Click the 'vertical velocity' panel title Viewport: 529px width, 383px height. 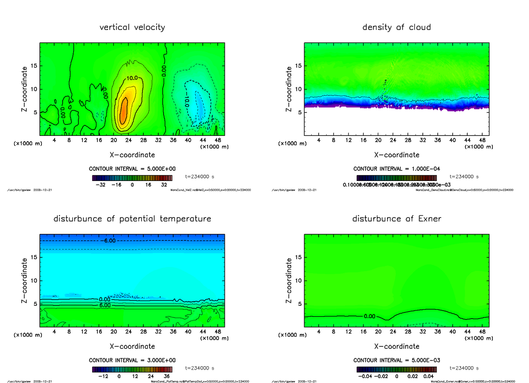[x=132, y=27]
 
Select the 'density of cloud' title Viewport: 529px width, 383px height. [x=396, y=27]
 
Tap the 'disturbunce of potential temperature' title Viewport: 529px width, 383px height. [x=132, y=219]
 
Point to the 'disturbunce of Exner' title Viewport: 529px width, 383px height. [x=396, y=219]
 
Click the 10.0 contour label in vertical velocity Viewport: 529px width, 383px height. [x=132, y=78]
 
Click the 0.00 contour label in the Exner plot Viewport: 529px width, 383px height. [x=369, y=316]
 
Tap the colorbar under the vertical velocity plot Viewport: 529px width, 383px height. [x=132, y=178]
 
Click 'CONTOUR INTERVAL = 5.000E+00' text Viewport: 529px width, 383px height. [x=132, y=169]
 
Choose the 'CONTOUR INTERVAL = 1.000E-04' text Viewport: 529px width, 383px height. [x=396, y=169]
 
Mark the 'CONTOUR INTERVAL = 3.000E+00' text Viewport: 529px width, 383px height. [x=132, y=360]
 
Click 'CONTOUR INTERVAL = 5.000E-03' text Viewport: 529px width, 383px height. [x=396, y=360]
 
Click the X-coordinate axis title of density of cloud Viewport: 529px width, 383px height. [x=396, y=155]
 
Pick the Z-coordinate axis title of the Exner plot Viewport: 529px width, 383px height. [x=289, y=281]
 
